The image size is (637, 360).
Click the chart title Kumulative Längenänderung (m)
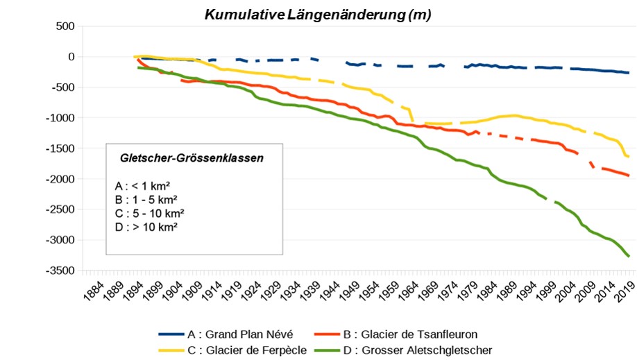tap(318, 15)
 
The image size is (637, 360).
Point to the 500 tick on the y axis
tap(65, 26)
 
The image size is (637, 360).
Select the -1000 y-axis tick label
tap(60, 118)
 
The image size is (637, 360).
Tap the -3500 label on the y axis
tap(60, 271)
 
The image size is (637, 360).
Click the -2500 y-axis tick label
tap(60, 209)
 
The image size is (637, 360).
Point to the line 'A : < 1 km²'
tap(143, 187)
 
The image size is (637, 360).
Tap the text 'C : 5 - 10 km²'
tap(149, 213)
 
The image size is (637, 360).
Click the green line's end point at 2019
tap(629, 257)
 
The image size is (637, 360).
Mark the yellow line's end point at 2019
tap(628, 157)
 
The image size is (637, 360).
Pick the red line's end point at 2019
tap(629, 176)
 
